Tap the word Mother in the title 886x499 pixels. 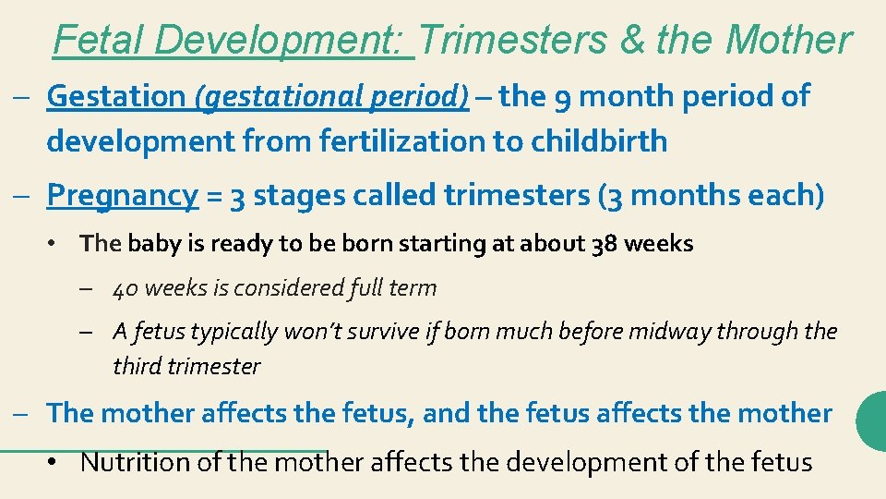coord(788,40)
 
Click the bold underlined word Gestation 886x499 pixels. coord(116,95)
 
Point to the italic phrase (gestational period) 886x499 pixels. coord(331,96)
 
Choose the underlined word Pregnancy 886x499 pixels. coord(122,196)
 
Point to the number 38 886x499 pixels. coord(604,244)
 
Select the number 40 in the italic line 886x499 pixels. coord(126,288)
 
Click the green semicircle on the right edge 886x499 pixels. coord(873,420)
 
